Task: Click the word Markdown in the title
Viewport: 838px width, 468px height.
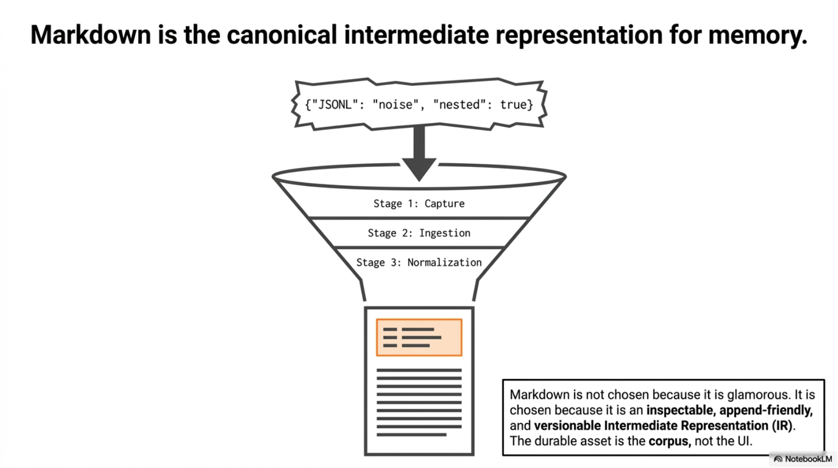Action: coord(91,36)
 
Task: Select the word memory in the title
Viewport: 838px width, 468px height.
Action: coord(757,36)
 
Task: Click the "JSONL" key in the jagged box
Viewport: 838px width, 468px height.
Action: coord(333,105)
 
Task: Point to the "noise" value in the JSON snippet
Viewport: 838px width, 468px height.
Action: coord(395,105)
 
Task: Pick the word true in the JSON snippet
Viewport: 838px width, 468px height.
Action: coord(513,105)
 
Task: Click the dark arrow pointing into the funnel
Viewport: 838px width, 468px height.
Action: coord(419,154)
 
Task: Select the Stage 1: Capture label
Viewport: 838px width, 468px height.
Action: coord(419,204)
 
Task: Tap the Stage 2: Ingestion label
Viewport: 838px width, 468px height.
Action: coord(419,233)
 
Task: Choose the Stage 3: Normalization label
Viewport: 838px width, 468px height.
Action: coord(419,262)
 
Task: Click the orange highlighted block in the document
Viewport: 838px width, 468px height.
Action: coord(419,338)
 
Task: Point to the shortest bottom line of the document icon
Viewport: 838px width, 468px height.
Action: coord(411,434)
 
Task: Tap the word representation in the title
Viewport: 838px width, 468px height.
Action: coord(579,36)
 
